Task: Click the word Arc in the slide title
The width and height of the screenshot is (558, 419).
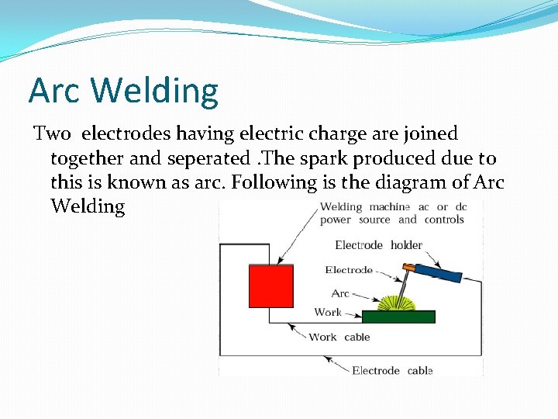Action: click(x=55, y=90)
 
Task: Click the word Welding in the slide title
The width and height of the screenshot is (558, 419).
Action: click(x=154, y=92)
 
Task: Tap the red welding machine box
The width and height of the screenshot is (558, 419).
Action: click(x=270, y=286)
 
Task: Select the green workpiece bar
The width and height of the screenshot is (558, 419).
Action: click(x=399, y=317)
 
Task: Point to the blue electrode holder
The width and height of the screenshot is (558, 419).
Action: click(x=437, y=272)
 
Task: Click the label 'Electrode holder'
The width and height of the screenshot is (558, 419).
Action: click(x=378, y=245)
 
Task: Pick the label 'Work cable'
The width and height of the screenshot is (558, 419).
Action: click(x=339, y=337)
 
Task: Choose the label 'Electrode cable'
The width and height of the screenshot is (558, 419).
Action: click(x=392, y=370)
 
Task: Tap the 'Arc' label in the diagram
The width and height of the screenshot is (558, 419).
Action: click(x=340, y=293)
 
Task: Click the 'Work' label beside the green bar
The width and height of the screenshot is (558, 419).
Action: click(x=328, y=312)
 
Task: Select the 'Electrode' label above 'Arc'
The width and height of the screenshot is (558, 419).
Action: click(x=349, y=270)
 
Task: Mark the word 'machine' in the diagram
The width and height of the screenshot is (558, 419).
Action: click(x=390, y=206)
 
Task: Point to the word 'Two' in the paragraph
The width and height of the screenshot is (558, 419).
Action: click(x=53, y=134)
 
